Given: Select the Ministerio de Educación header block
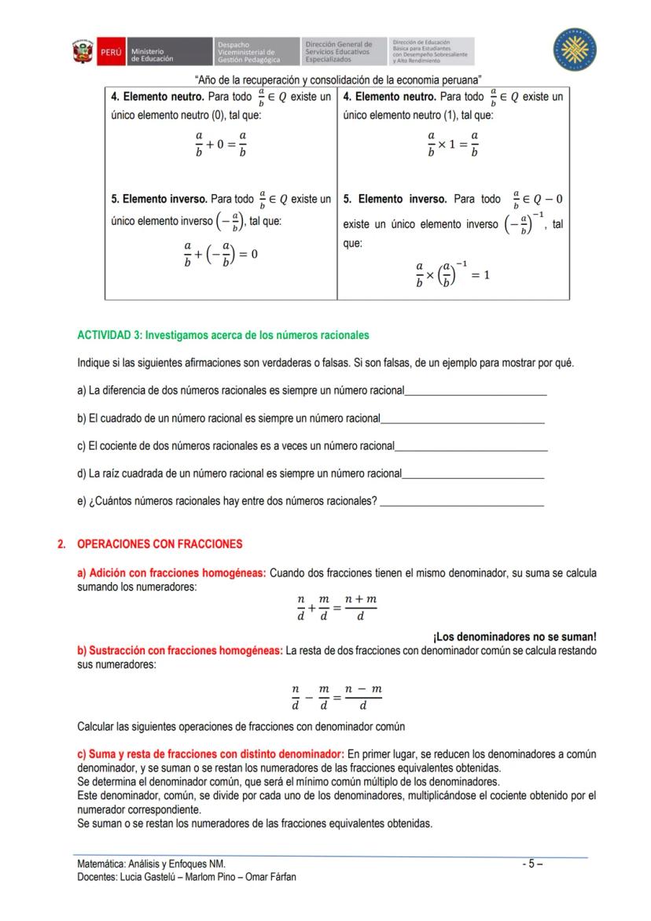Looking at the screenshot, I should point(168,53).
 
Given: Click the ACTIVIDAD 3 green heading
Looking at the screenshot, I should point(223,335).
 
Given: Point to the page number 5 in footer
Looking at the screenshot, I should point(531,863).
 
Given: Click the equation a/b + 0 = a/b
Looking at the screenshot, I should point(221,145).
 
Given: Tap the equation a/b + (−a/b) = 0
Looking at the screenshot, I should point(221,254).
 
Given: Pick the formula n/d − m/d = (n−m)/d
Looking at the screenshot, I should point(337,698).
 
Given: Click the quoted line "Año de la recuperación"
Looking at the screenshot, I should point(337,79).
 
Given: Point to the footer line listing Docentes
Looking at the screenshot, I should point(186,877).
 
